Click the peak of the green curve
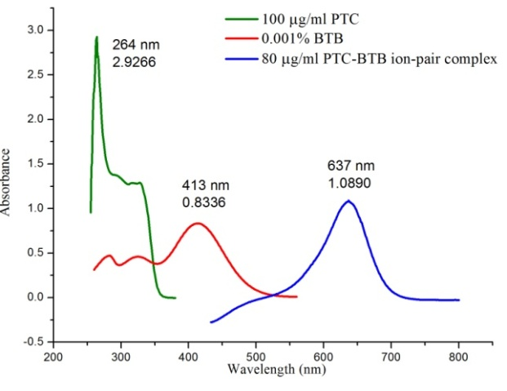(x=96, y=38)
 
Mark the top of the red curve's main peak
(x=197, y=223)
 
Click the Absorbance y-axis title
(x=7, y=181)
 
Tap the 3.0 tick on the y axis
(x=38, y=30)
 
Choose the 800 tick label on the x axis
(x=459, y=358)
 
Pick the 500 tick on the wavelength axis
(x=256, y=358)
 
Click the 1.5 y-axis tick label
(x=38, y=164)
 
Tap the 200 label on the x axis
(x=53, y=358)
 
